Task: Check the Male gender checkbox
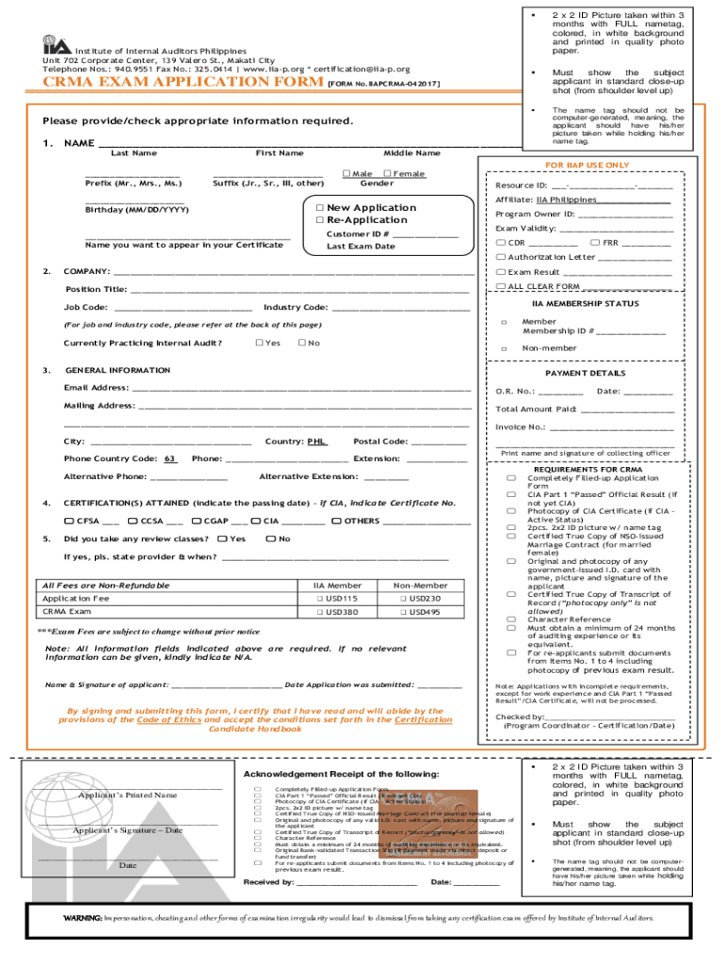(x=346, y=173)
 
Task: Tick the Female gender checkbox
(x=385, y=173)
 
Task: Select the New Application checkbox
(x=320, y=208)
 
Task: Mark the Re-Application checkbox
(x=320, y=220)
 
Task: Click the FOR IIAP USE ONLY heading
(x=587, y=165)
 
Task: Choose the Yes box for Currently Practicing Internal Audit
(x=259, y=343)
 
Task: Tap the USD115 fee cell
(x=343, y=599)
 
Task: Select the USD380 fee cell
(x=343, y=612)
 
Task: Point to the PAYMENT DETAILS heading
(x=586, y=373)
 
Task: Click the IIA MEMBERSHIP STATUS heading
(x=585, y=304)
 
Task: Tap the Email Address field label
(x=96, y=388)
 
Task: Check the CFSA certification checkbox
(x=68, y=521)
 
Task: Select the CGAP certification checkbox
(x=195, y=521)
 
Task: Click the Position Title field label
(x=95, y=289)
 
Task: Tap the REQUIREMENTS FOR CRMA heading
(x=588, y=469)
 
